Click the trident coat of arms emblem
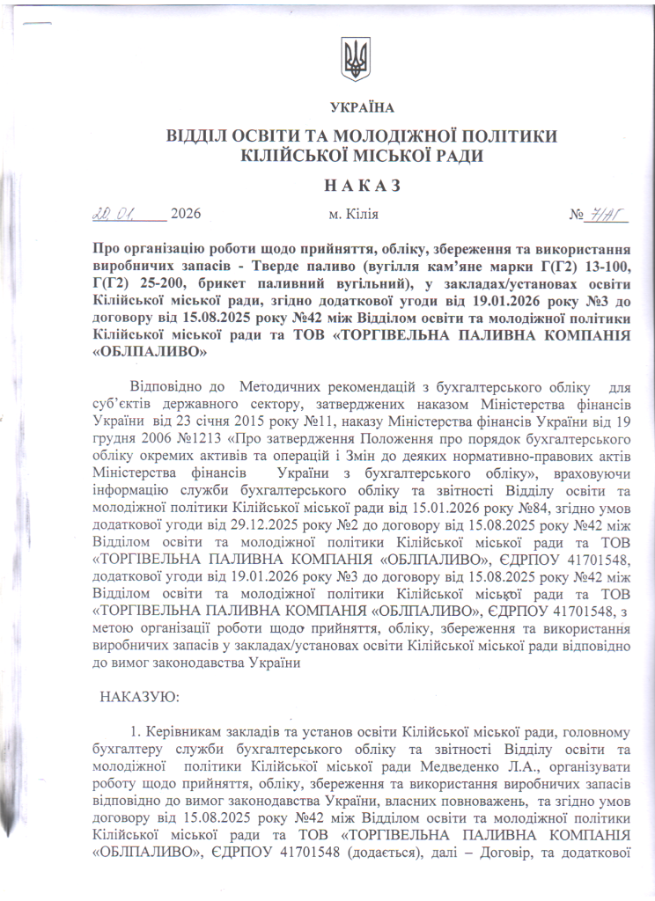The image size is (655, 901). tap(356, 61)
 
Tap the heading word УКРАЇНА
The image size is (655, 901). tap(363, 108)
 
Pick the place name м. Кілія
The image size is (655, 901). tap(354, 215)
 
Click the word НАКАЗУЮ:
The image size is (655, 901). tap(142, 696)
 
